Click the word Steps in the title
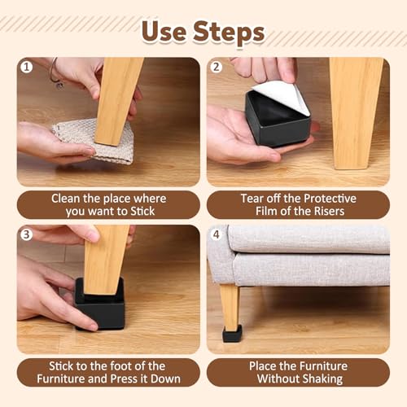click(229, 33)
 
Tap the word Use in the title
click(164, 32)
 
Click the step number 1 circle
click(27, 67)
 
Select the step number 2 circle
click(217, 67)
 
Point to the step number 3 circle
click(27, 234)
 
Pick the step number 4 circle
click(217, 234)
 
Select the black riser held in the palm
click(278, 120)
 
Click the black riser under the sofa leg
click(232, 333)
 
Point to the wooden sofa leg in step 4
click(230, 306)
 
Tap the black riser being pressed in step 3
click(100, 305)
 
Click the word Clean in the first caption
click(66, 199)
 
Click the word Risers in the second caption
click(329, 212)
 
